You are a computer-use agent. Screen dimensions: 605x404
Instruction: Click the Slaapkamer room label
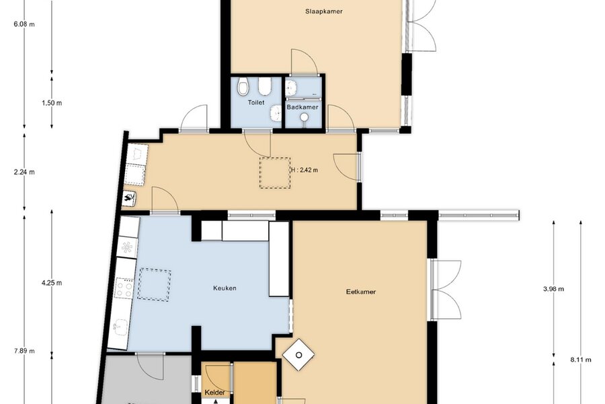[324, 11]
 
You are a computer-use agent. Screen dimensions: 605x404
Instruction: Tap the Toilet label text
[256, 102]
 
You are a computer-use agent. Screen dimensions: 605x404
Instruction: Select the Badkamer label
[302, 107]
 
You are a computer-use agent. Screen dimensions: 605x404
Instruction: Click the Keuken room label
[225, 288]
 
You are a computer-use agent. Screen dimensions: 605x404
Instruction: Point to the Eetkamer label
[361, 292]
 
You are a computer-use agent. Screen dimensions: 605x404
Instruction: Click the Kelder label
[215, 393]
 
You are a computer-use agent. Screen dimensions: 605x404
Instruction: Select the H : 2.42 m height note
[305, 170]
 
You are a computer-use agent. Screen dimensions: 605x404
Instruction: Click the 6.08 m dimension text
[24, 24]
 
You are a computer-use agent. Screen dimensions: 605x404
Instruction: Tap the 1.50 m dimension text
[52, 103]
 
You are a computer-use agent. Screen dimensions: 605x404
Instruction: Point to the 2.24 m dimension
[24, 172]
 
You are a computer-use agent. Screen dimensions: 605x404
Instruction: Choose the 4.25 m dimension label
[52, 283]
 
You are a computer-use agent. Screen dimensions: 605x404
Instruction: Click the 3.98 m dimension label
[554, 289]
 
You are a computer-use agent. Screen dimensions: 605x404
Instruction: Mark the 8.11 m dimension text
[581, 360]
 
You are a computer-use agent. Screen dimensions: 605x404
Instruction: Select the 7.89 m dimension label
[24, 351]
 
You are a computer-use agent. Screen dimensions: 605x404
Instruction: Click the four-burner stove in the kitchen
[124, 288]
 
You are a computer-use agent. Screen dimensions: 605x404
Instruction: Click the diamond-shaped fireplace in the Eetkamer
[298, 355]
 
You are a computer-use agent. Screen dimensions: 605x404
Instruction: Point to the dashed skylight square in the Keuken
[155, 284]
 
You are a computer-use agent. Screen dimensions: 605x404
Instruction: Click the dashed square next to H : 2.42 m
[275, 173]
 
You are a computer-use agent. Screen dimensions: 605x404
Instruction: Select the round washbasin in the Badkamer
[305, 116]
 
